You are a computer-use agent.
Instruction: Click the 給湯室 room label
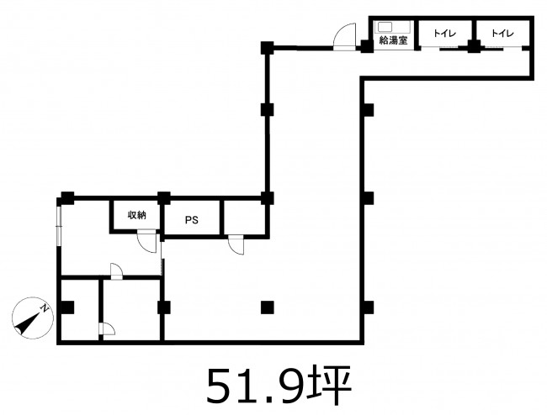click(x=393, y=40)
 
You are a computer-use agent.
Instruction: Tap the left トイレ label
click(x=445, y=34)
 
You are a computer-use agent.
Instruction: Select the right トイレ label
click(x=502, y=34)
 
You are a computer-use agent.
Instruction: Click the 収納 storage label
click(x=136, y=215)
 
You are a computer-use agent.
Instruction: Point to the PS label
click(x=192, y=220)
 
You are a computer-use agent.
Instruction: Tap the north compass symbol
click(x=33, y=318)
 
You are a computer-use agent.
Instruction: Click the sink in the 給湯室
click(x=384, y=27)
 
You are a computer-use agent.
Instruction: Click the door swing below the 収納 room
click(x=147, y=241)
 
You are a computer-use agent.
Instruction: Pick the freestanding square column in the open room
click(x=268, y=307)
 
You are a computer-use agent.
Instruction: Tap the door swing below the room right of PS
click(x=236, y=245)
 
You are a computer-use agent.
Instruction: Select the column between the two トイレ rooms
click(x=474, y=46)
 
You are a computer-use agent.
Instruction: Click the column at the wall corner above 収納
click(x=163, y=197)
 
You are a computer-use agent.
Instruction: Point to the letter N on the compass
click(x=45, y=308)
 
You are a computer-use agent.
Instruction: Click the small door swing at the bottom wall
click(x=107, y=329)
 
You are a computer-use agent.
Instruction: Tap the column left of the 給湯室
click(x=366, y=46)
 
